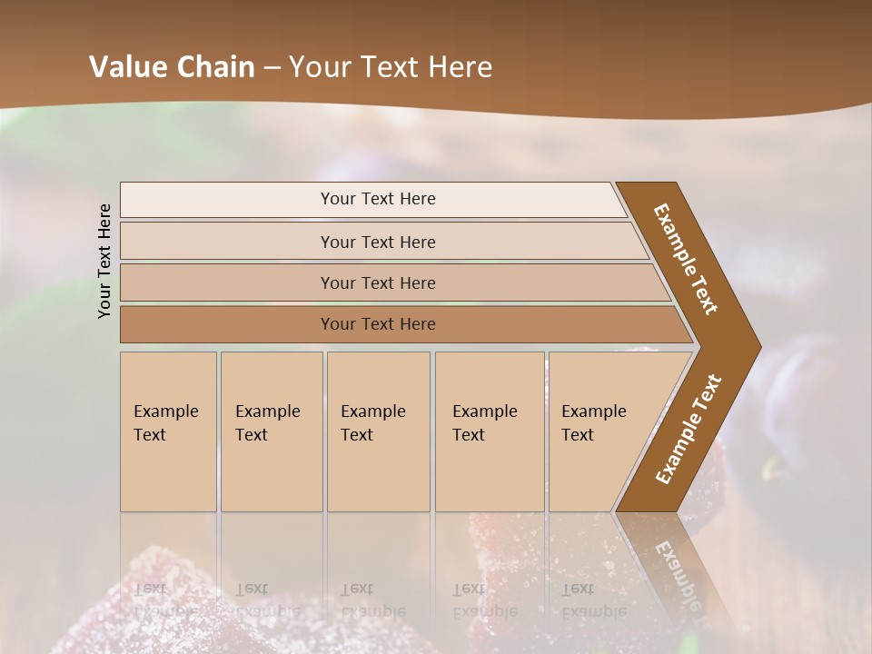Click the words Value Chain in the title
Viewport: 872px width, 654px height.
click(172, 67)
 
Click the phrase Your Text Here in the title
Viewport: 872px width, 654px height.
click(391, 67)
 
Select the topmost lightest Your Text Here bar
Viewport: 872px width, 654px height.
click(377, 199)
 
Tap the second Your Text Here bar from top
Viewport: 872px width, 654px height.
click(377, 242)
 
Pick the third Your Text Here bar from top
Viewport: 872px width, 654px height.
click(377, 282)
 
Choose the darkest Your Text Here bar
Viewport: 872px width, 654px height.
click(377, 324)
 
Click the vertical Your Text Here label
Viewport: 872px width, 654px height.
click(104, 261)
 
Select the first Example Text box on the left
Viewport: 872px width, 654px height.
click(168, 431)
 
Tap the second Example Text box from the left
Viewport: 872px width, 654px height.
click(271, 431)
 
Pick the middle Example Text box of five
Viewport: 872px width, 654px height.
click(377, 431)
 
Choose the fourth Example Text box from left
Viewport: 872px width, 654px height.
click(489, 431)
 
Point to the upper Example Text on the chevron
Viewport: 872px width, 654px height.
click(686, 259)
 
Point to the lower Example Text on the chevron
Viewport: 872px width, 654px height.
click(689, 429)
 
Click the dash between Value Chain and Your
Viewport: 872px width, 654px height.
click(272, 68)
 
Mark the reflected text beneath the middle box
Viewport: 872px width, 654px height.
click(373, 600)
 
